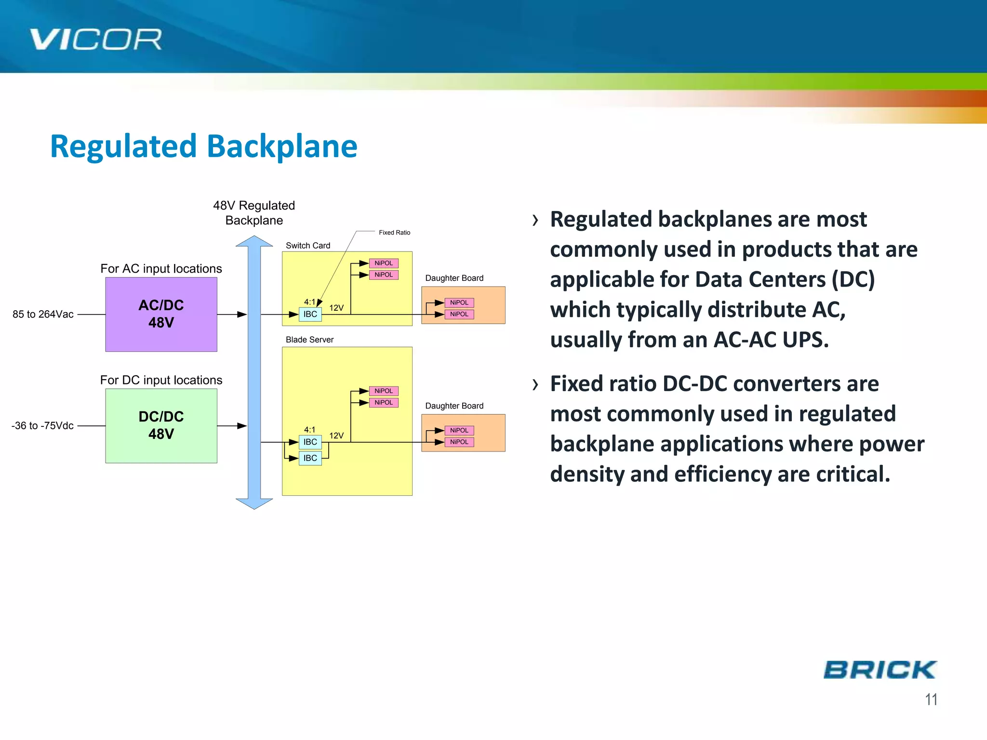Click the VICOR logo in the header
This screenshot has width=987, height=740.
pyautogui.click(x=95, y=40)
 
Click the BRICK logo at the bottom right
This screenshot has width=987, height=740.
pyautogui.click(x=880, y=670)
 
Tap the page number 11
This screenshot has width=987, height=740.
pyautogui.click(x=931, y=699)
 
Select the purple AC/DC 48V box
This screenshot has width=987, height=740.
pyautogui.click(x=161, y=314)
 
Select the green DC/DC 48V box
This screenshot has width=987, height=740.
pyautogui.click(x=161, y=425)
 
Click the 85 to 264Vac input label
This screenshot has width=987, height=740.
pyautogui.click(x=43, y=314)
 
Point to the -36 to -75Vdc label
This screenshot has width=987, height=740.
pyautogui.click(x=42, y=425)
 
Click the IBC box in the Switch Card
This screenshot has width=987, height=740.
pyautogui.click(x=310, y=314)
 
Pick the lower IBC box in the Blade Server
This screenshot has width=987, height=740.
pyautogui.click(x=310, y=458)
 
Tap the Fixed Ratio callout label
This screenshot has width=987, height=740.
pyautogui.click(x=394, y=232)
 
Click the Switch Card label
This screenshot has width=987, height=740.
pyautogui.click(x=308, y=245)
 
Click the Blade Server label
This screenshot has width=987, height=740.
pyautogui.click(x=309, y=340)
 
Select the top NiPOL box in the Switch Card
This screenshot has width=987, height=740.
pyautogui.click(x=384, y=263)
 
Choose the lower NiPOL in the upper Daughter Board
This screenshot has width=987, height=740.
pyautogui.click(x=459, y=314)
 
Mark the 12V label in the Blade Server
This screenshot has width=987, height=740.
pyautogui.click(x=336, y=436)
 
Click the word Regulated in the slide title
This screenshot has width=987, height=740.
pyautogui.click(x=123, y=146)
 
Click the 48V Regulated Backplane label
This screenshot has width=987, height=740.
pyautogui.click(x=254, y=212)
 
